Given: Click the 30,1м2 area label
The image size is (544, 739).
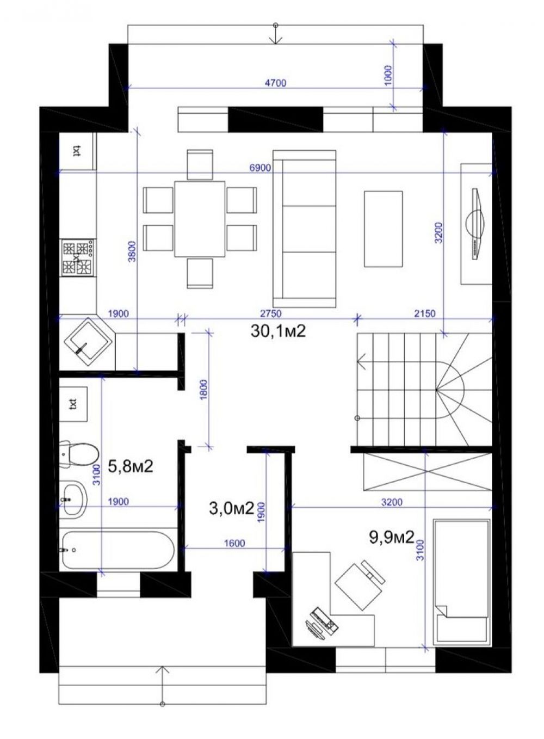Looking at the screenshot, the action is click(279, 331).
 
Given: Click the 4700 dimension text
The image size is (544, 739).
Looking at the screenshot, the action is click(275, 83).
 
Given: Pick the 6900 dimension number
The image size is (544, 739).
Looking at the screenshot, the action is click(260, 168).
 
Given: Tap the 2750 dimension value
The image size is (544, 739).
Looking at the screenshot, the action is click(271, 313).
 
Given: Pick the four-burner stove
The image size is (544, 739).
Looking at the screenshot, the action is click(78, 257).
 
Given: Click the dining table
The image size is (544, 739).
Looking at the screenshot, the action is click(200, 218).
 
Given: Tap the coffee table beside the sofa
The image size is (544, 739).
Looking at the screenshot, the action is click(384, 229).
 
